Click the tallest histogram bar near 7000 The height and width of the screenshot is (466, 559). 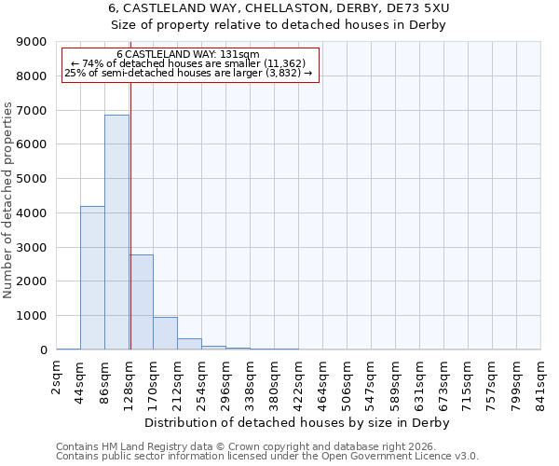[116, 233]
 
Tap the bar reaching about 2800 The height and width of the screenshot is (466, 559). [142, 302]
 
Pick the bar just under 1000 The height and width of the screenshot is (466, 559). [165, 334]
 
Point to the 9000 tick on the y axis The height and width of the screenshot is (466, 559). [32, 42]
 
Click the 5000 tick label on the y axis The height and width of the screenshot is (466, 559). [32, 179]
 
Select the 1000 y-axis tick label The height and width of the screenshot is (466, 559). [32, 316]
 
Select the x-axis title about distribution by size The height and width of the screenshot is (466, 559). [298, 423]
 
